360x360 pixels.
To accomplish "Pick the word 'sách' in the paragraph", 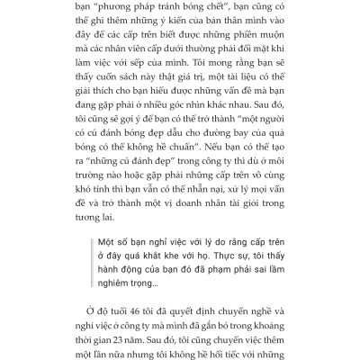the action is tap(193, 111).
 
